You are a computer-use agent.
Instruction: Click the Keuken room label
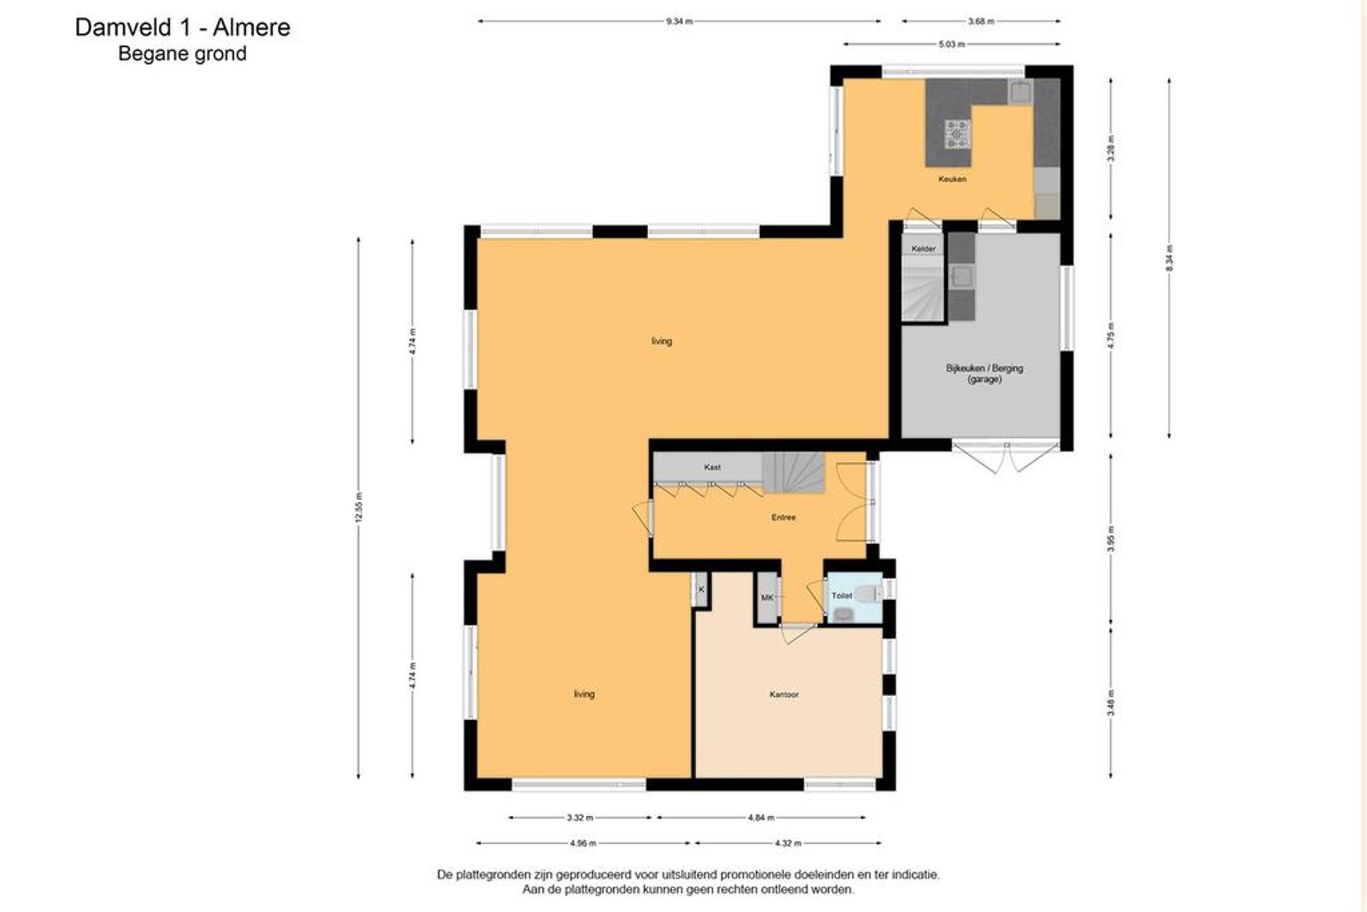952,179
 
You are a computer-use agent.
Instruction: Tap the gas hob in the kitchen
958,134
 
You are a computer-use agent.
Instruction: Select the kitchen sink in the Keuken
1020,92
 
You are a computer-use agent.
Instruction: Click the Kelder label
923,249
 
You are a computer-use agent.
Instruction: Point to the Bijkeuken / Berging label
984,368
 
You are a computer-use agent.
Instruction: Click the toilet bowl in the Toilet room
868,594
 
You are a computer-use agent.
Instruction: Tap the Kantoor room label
783,694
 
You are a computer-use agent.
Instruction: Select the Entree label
783,517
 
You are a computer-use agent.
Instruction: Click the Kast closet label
712,467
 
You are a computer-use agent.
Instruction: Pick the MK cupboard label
767,597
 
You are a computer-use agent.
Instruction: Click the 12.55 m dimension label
359,507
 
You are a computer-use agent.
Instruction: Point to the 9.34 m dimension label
679,21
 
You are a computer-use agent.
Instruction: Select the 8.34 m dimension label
1169,258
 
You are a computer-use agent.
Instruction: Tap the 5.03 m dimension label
952,44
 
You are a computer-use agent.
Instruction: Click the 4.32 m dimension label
788,843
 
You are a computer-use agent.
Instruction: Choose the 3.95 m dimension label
1111,539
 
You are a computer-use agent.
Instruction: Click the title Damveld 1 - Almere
182,27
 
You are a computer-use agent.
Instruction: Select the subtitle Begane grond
182,54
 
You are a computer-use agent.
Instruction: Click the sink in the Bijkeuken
962,277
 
